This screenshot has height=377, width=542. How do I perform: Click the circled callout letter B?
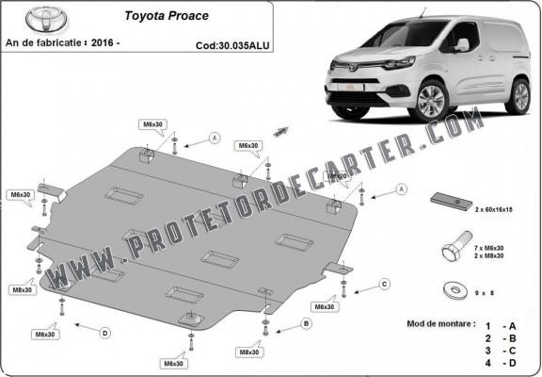pyautogui.click(x=306, y=323)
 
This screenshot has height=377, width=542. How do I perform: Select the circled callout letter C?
pyautogui.click(x=385, y=283)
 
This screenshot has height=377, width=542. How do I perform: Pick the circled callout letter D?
pyautogui.click(x=104, y=331)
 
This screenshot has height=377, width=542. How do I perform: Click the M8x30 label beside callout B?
pyautogui.click(x=248, y=352)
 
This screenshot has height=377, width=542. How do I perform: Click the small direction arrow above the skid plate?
pyautogui.click(x=279, y=132)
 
